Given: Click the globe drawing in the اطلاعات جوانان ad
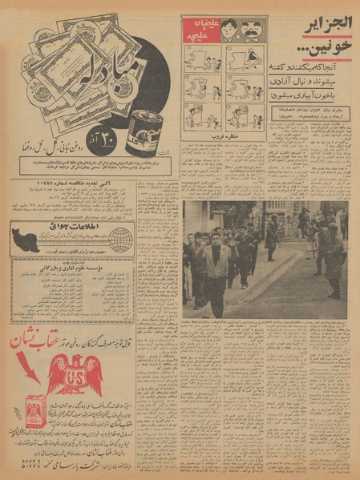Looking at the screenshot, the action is pos(119,239).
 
